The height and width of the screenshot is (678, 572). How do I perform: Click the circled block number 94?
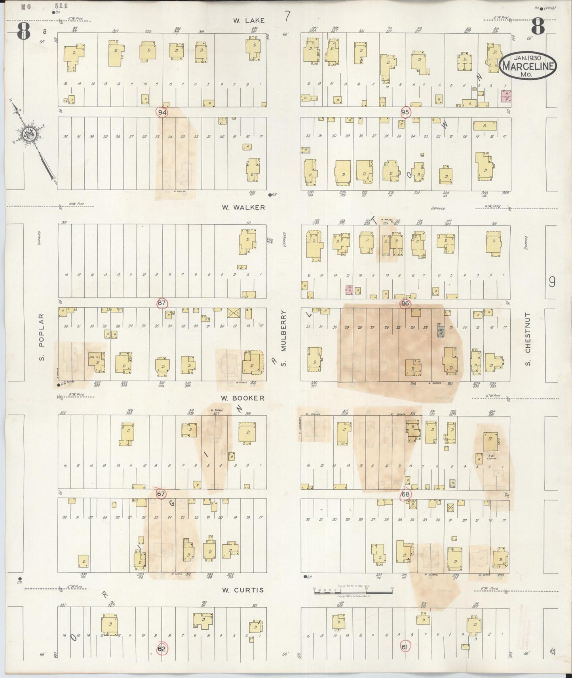point(162,112)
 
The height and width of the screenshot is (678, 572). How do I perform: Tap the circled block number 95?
point(405,112)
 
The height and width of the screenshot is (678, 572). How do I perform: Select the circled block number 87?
point(162,303)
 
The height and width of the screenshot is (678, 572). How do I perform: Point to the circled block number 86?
point(405,304)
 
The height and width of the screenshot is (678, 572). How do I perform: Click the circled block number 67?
point(161,494)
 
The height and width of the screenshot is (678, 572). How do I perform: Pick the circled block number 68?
point(405,494)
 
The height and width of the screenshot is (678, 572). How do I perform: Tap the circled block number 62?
point(162,649)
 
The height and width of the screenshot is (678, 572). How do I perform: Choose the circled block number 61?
point(405,647)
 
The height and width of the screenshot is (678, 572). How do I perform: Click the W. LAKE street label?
point(248,20)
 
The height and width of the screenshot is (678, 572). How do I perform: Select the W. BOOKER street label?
point(242,398)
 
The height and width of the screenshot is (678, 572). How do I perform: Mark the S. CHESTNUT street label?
point(527,339)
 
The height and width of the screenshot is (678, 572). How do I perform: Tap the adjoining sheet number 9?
point(552,282)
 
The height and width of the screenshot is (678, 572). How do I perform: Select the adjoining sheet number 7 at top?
point(287,17)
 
